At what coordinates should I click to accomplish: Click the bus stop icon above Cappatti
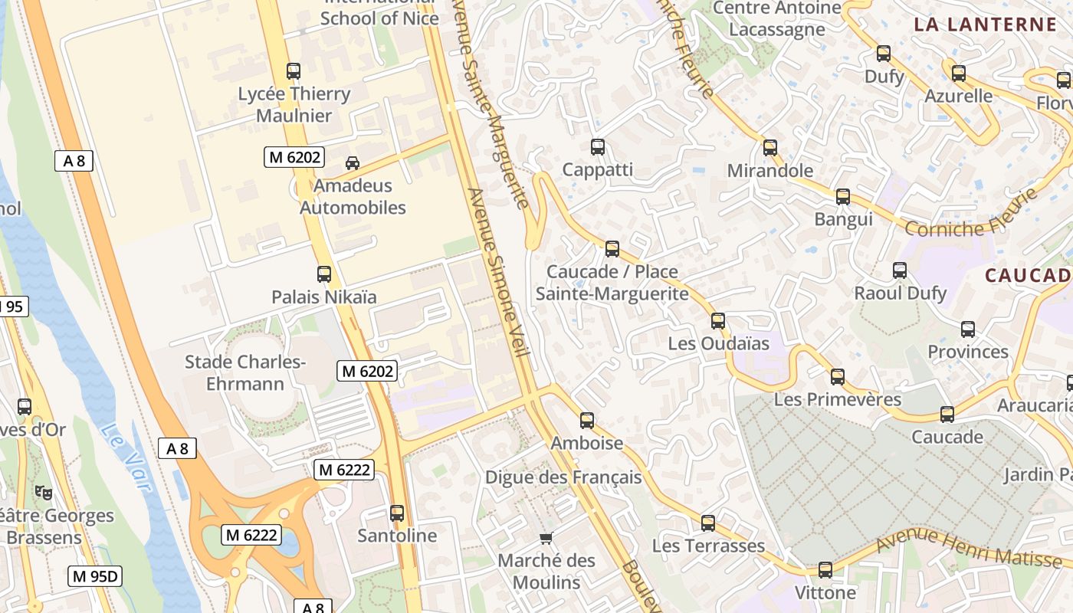598,147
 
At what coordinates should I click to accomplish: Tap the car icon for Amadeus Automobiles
353,163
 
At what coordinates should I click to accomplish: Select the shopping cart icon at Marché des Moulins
546,538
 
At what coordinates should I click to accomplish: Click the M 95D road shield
95,576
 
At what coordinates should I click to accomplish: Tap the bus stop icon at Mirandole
770,148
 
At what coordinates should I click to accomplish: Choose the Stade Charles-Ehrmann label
245,372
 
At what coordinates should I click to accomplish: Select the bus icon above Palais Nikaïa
324,274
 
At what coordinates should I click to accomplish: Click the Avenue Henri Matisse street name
972,550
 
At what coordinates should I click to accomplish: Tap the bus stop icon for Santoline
397,513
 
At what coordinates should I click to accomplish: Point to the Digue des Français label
563,477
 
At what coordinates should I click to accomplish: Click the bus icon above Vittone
825,570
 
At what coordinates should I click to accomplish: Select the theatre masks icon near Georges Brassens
44,493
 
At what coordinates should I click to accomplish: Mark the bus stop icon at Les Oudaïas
718,321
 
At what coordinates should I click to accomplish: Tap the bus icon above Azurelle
959,74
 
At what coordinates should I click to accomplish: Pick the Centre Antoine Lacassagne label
777,18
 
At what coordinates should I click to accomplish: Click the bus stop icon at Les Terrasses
708,523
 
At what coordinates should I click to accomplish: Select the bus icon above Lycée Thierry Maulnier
294,71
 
